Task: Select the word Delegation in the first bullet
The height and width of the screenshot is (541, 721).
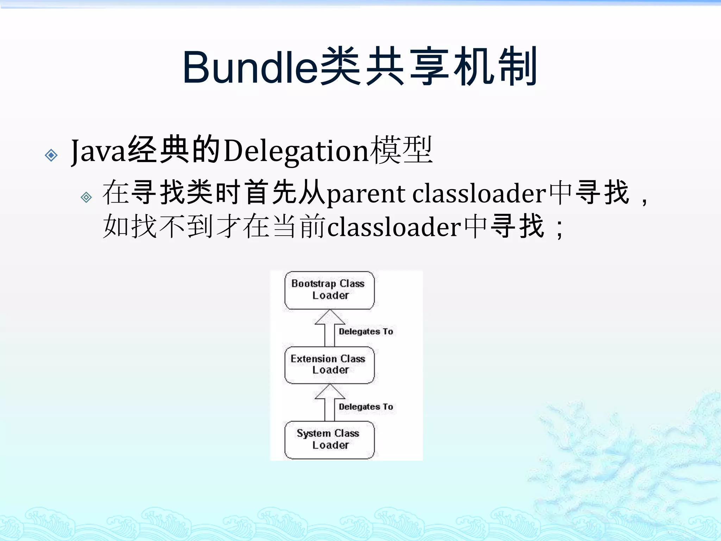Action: point(296,151)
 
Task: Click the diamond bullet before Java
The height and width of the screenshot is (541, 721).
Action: point(51,155)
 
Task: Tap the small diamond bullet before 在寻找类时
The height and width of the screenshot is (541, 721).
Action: point(86,197)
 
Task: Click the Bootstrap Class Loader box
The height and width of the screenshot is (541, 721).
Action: point(330,290)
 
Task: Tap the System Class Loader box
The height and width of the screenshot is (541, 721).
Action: point(330,440)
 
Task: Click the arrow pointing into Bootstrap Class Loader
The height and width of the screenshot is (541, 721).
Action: point(330,328)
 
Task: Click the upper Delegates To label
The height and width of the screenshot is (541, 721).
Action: point(366,331)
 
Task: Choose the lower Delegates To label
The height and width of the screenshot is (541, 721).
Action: point(366,406)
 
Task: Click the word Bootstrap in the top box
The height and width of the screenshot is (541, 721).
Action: point(313,284)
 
